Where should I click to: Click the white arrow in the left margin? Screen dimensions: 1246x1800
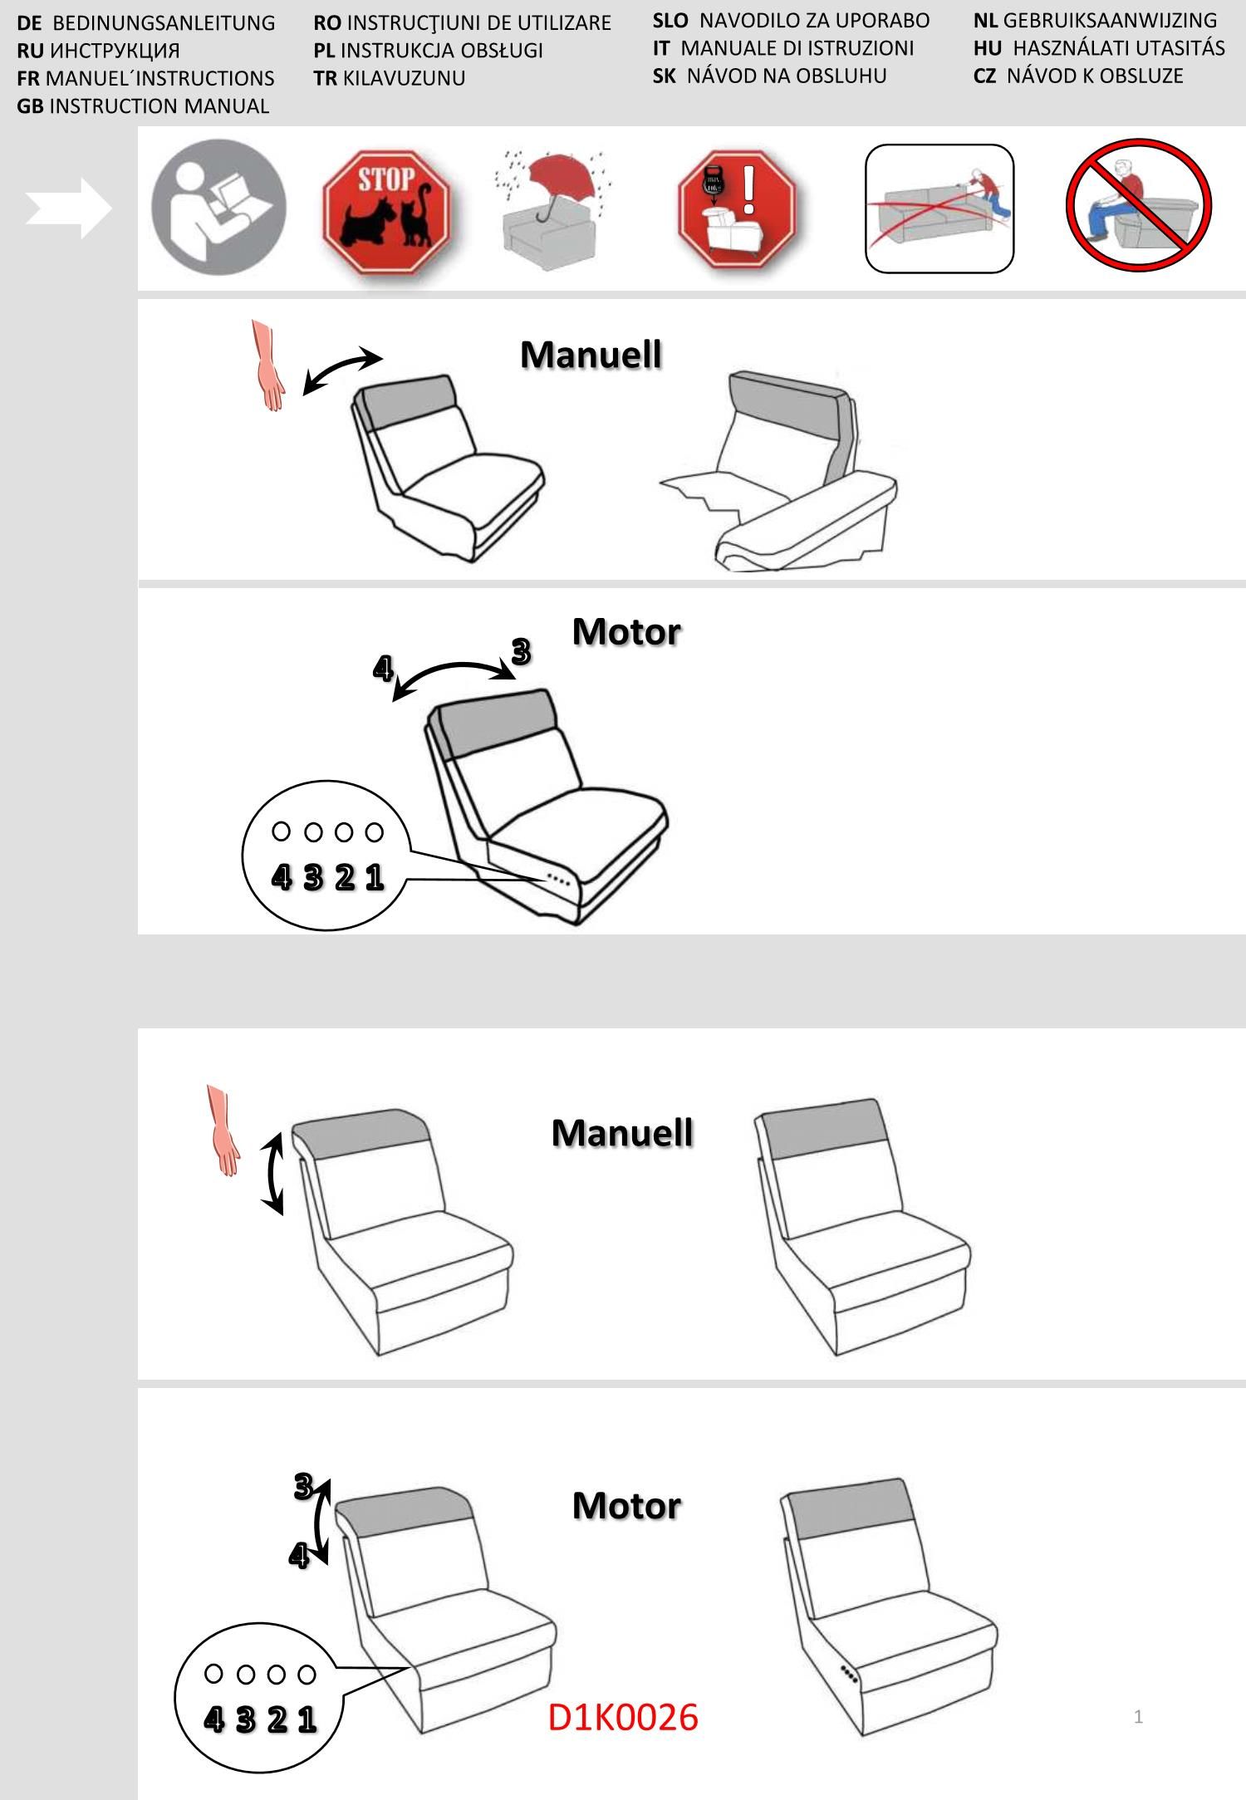(x=68, y=208)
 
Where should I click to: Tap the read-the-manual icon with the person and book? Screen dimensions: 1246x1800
(x=218, y=207)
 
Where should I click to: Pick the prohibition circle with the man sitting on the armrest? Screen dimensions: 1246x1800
(x=1139, y=205)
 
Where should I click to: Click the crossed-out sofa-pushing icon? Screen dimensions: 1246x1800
(x=939, y=208)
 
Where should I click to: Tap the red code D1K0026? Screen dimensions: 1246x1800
(x=623, y=1716)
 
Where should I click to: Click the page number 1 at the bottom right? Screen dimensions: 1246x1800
(x=1138, y=1716)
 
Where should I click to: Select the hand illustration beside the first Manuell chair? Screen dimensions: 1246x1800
(x=267, y=365)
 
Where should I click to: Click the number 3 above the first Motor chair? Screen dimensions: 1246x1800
(x=521, y=651)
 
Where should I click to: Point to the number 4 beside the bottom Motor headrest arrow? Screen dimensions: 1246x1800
(x=298, y=1555)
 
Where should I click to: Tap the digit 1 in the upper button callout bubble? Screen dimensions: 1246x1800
(x=375, y=876)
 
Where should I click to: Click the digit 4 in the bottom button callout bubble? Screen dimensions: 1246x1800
(x=213, y=1719)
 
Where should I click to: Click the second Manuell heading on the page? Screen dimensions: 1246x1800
(x=622, y=1133)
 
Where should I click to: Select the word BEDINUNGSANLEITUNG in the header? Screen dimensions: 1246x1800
(x=164, y=22)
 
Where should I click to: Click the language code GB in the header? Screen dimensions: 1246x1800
(x=30, y=106)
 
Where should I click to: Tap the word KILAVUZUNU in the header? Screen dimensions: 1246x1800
(x=404, y=78)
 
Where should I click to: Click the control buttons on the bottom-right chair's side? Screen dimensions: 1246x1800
(x=848, y=1675)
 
